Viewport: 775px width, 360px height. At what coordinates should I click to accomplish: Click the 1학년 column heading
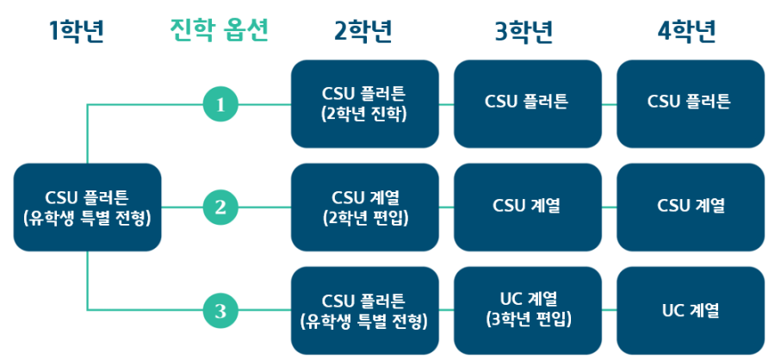point(77,32)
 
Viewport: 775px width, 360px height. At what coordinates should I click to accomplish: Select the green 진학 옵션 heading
point(219,31)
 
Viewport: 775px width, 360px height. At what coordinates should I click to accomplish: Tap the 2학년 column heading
point(363,32)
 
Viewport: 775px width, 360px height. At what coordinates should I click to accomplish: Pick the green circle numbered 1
point(220,104)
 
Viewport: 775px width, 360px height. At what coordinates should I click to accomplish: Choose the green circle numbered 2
point(220,208)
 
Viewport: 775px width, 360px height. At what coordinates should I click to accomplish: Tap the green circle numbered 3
point(220,311)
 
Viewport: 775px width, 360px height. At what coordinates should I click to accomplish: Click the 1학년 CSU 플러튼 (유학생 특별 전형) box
point(88,208)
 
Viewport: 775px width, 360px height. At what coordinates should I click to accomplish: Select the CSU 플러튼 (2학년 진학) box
point(365,104)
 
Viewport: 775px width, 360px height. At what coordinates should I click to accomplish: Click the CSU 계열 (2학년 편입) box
point(365,208)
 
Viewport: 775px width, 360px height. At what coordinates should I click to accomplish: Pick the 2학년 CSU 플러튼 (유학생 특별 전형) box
point(365,311)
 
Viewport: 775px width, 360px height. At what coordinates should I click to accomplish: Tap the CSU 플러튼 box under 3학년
point(527,104)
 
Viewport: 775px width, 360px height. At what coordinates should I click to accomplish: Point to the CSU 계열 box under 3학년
point(527,208)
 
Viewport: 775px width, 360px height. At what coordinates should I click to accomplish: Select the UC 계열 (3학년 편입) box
point(527,311)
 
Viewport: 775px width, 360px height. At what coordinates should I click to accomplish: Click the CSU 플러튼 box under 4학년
point(691,104)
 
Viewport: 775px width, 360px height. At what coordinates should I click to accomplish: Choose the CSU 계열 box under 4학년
point(691,208)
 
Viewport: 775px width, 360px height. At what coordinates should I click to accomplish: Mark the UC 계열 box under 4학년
point(691,311)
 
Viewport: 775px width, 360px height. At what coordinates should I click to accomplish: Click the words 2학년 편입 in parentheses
point(365,219)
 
